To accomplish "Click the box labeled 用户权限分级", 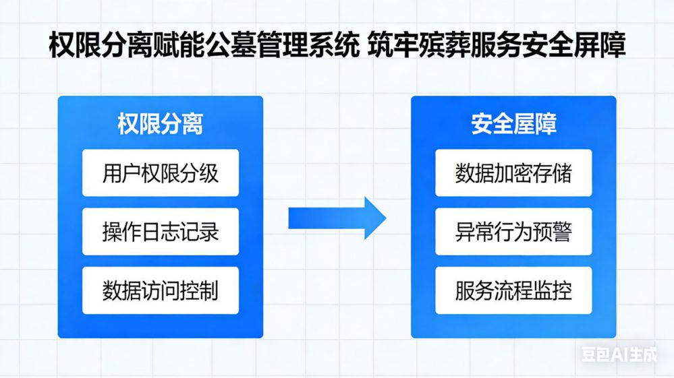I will tap(160, 173).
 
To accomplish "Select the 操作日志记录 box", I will tap(160, 232).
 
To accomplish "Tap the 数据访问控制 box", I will tap(160, 290).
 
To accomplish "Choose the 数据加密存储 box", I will tap(513, 173).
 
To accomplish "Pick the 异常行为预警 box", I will tap(513, 232).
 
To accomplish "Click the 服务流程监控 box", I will tap(513, 290).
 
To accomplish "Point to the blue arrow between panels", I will tap(337, 218).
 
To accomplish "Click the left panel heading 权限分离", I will tap(160, 125).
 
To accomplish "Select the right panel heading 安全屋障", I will tap(513, 125).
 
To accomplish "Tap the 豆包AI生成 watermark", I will tap(619, 354).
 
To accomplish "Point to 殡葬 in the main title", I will tap(447, 47).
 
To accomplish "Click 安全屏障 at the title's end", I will tap(573, 47).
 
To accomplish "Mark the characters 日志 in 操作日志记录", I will tap(160, 232).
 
